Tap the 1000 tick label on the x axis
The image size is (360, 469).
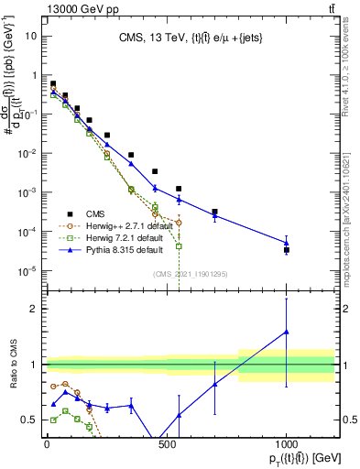pos(286,444)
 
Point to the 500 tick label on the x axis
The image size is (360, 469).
pos(167,444)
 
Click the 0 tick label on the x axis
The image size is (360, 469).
pos(47,444)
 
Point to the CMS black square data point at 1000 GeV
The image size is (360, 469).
pos(287,249)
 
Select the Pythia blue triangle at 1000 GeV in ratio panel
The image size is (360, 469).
pos(287,332)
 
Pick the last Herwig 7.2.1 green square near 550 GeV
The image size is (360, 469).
pos(179,246)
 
